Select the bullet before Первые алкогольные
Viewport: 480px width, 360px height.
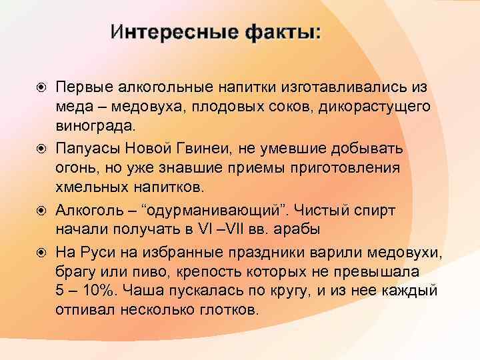(41, 88)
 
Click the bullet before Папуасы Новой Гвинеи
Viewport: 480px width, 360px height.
(41, 149)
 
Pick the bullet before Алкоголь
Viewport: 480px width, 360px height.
(41, 211)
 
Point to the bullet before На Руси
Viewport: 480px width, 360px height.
(41, 253)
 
